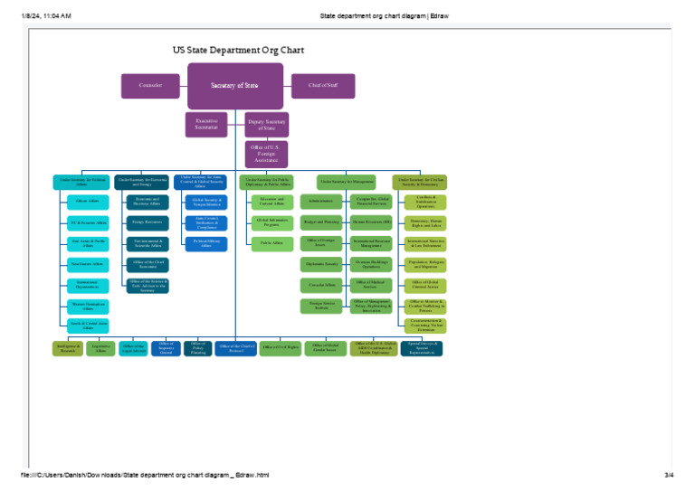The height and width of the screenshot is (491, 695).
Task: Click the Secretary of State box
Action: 234,86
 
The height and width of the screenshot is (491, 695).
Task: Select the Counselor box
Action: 150,86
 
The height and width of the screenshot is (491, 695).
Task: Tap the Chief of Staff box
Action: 322,86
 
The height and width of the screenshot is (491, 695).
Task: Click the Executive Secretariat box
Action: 206,125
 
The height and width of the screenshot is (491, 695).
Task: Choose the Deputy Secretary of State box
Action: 266,125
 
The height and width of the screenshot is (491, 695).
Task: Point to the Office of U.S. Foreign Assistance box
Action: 266,155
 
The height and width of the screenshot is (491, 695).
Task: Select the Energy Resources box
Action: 148,222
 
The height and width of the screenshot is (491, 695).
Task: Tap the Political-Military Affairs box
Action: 206,243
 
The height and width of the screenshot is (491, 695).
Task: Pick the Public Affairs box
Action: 271,243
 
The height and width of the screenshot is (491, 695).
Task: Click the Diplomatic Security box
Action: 321,264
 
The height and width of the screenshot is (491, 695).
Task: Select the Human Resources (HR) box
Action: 371,222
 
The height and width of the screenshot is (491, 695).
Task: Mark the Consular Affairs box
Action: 321,285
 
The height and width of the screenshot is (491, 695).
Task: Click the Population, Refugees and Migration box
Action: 424,264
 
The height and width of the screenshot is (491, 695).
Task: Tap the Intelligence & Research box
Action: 68,348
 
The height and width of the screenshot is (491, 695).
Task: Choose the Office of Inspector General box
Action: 166,348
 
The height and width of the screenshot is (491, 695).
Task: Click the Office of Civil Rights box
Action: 280,348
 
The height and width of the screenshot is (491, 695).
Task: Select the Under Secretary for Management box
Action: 346,182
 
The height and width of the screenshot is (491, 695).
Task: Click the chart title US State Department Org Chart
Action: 238,51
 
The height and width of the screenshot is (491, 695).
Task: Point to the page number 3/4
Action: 669,475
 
